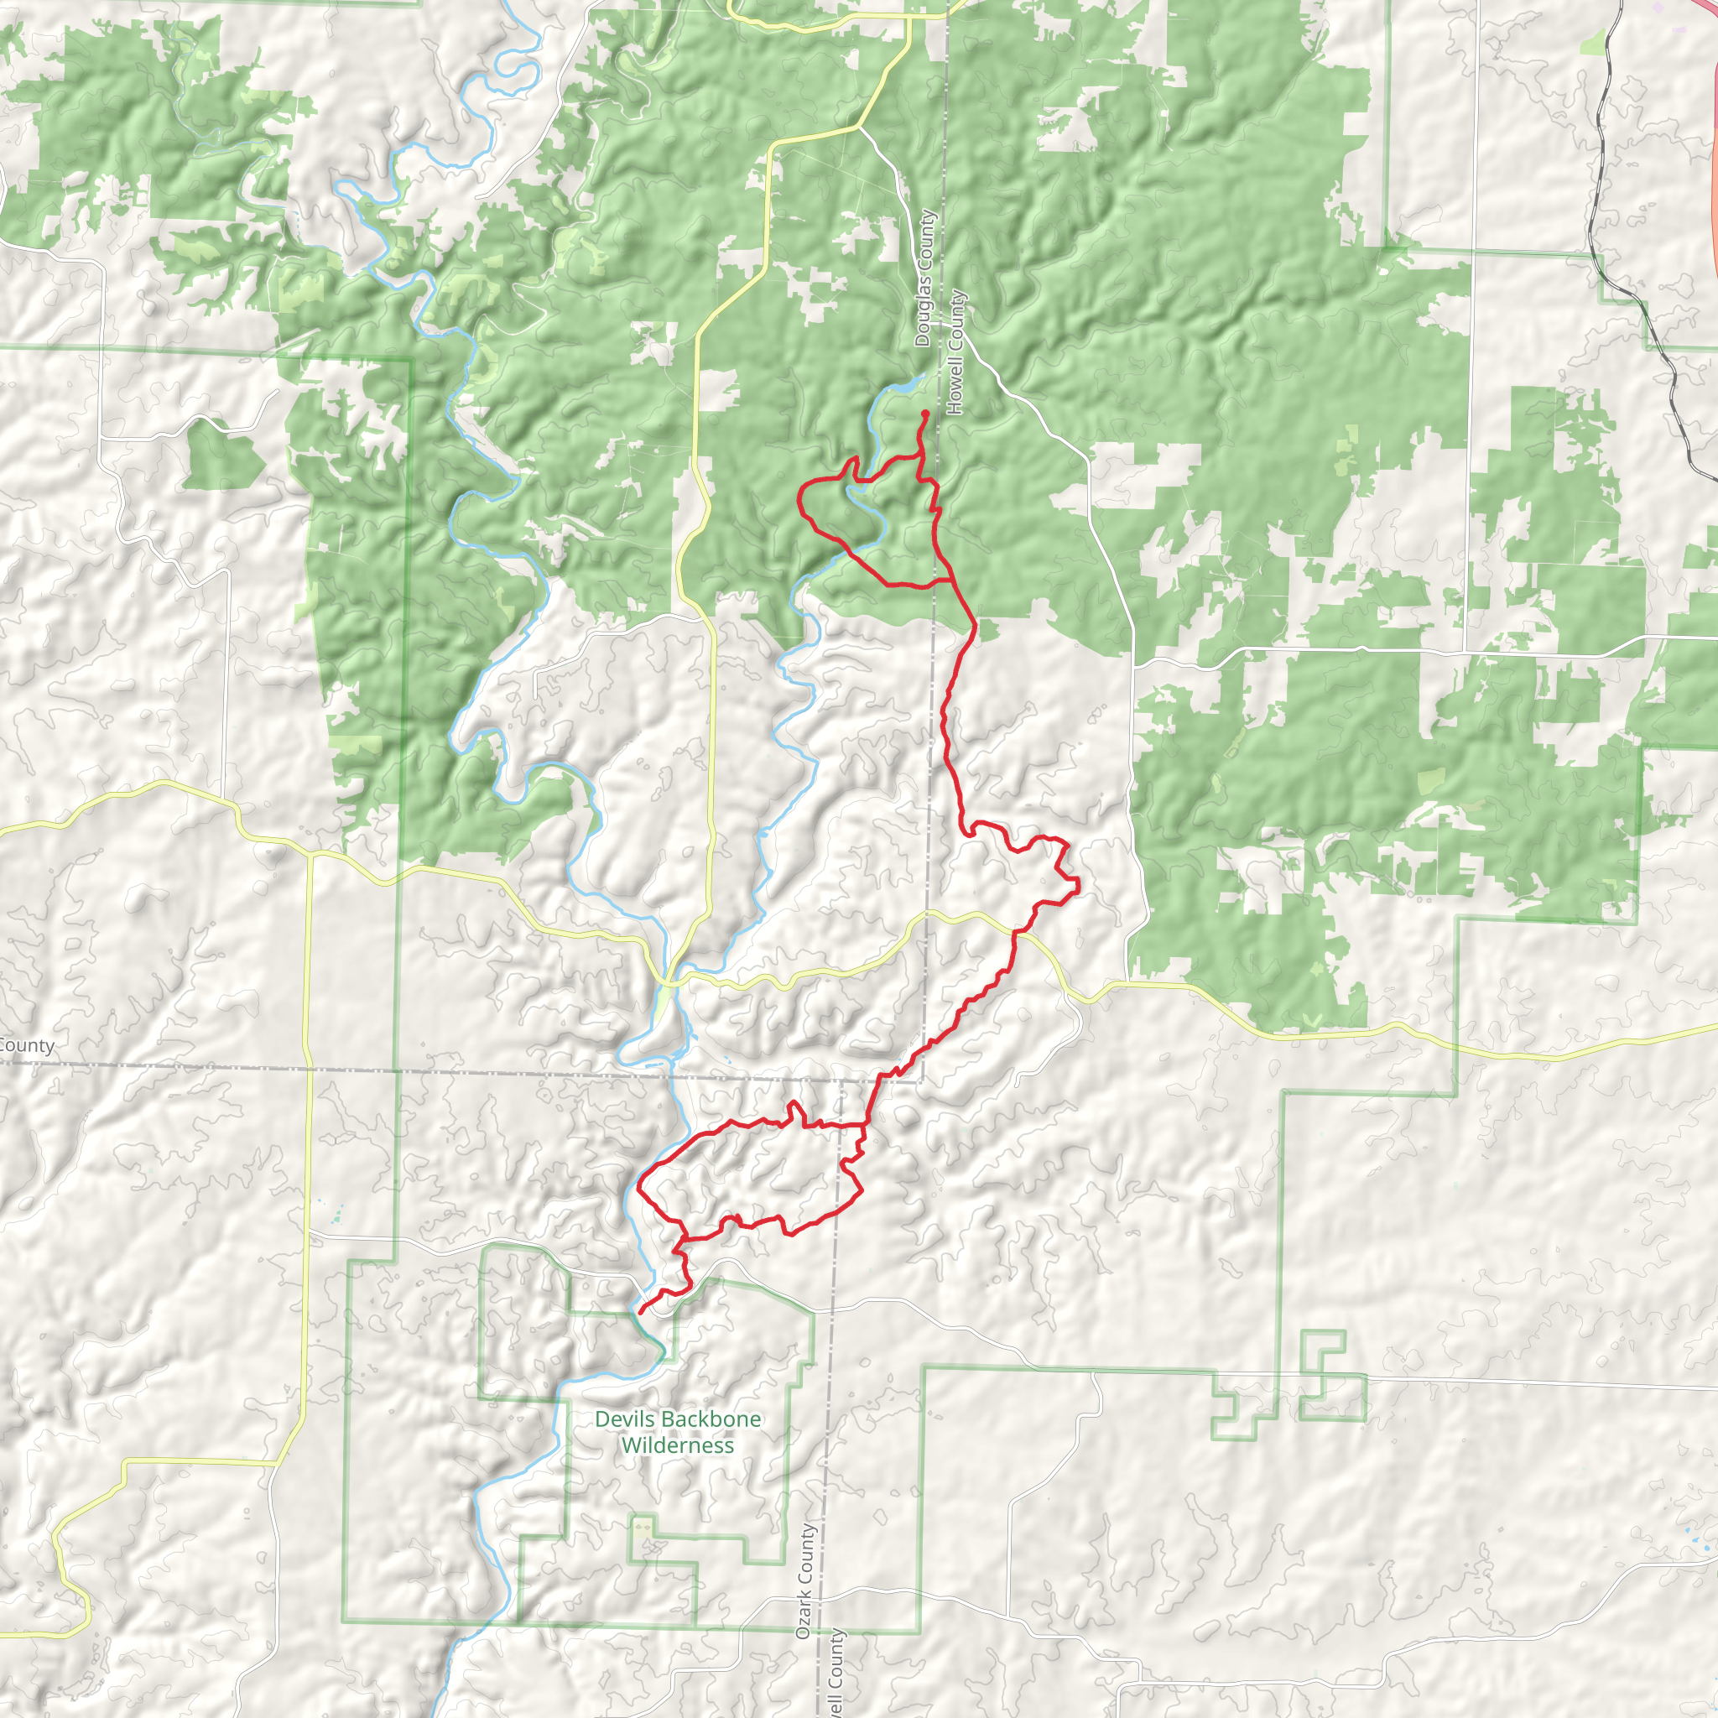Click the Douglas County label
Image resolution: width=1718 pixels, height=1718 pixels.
point(924,279)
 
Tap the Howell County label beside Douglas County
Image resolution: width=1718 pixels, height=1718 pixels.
point(956,352)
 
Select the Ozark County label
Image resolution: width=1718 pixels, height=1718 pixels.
point(804,1582)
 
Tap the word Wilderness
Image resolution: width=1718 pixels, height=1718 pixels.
point(678,1446)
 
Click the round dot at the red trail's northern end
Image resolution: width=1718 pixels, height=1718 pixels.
point(926,414)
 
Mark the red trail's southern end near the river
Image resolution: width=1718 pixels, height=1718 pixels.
point(641,1312)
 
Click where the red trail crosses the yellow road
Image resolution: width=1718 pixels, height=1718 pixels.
point(1016,933)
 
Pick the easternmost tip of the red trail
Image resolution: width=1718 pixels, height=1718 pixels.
point(1078,885)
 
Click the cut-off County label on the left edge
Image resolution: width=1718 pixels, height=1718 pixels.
point(27,1046)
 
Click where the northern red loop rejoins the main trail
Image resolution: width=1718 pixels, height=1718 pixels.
point(953,580)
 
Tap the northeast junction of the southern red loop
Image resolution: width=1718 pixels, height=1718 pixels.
point(864,1125)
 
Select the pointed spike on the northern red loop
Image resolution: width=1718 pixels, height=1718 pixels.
point(856,458)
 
